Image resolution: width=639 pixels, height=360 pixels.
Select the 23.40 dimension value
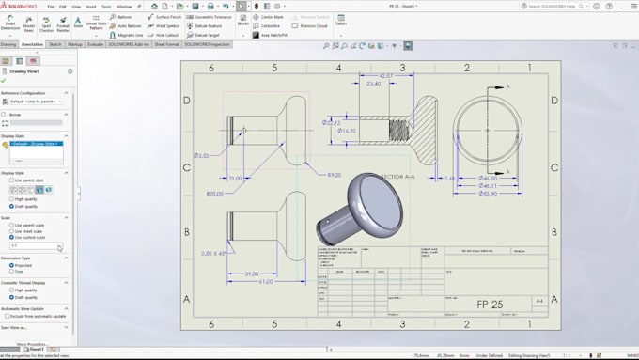[373, 85]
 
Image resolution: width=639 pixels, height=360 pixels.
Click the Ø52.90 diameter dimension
[489, 193]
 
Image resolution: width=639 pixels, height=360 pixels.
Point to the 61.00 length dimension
[268, 281]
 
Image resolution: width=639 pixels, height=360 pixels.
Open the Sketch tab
[56, 44]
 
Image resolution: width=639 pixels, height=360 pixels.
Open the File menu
[51, 6]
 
